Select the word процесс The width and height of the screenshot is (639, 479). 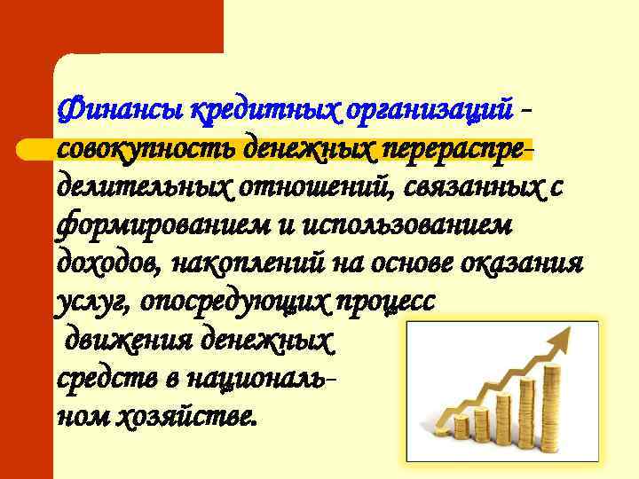tap(385, 302)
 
